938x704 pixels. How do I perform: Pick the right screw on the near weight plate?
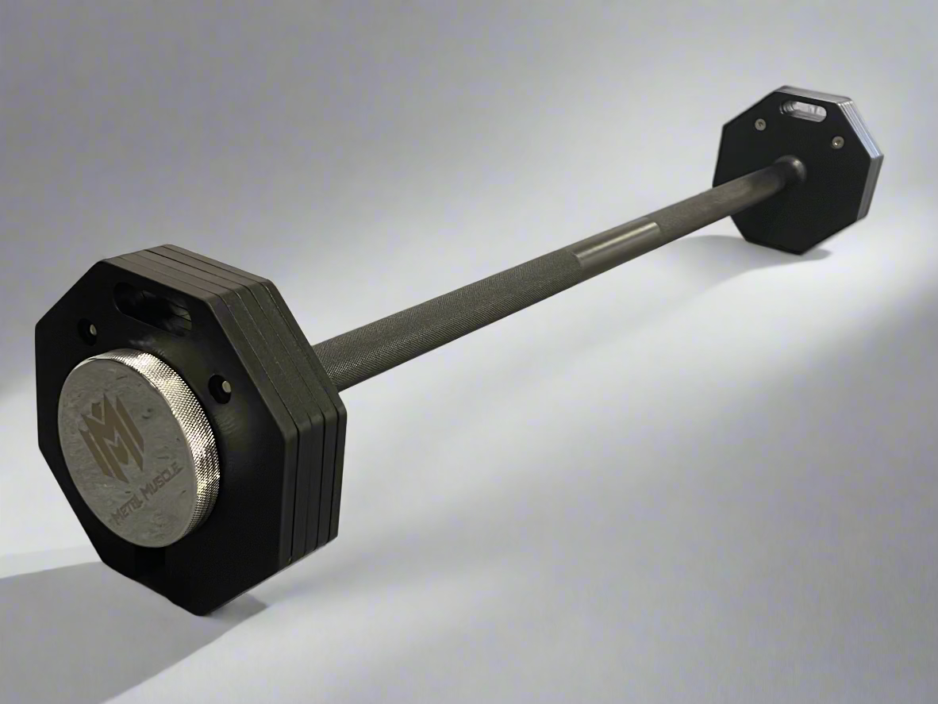pyautogui.click(x=225, y=386)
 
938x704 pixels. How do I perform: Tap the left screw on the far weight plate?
pyautogui.click(x=761, y=124)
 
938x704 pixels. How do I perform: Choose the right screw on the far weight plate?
pyautogui.click(x=836, y=142)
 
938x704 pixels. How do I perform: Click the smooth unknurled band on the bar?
pyautogui.click(x=615, y=243)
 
